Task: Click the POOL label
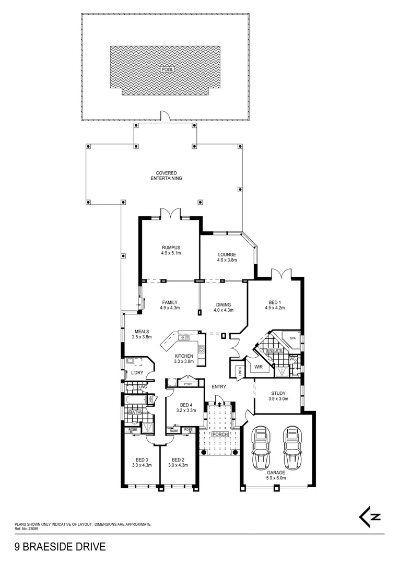167,69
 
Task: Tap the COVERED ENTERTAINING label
167,175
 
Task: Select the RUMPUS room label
170,247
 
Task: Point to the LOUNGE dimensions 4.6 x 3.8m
227,260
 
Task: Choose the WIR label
258,367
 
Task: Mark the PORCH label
219,434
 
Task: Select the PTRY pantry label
187,384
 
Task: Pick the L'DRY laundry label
137,372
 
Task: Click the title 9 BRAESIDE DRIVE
60,547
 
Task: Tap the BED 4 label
186,405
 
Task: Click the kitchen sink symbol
184,338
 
